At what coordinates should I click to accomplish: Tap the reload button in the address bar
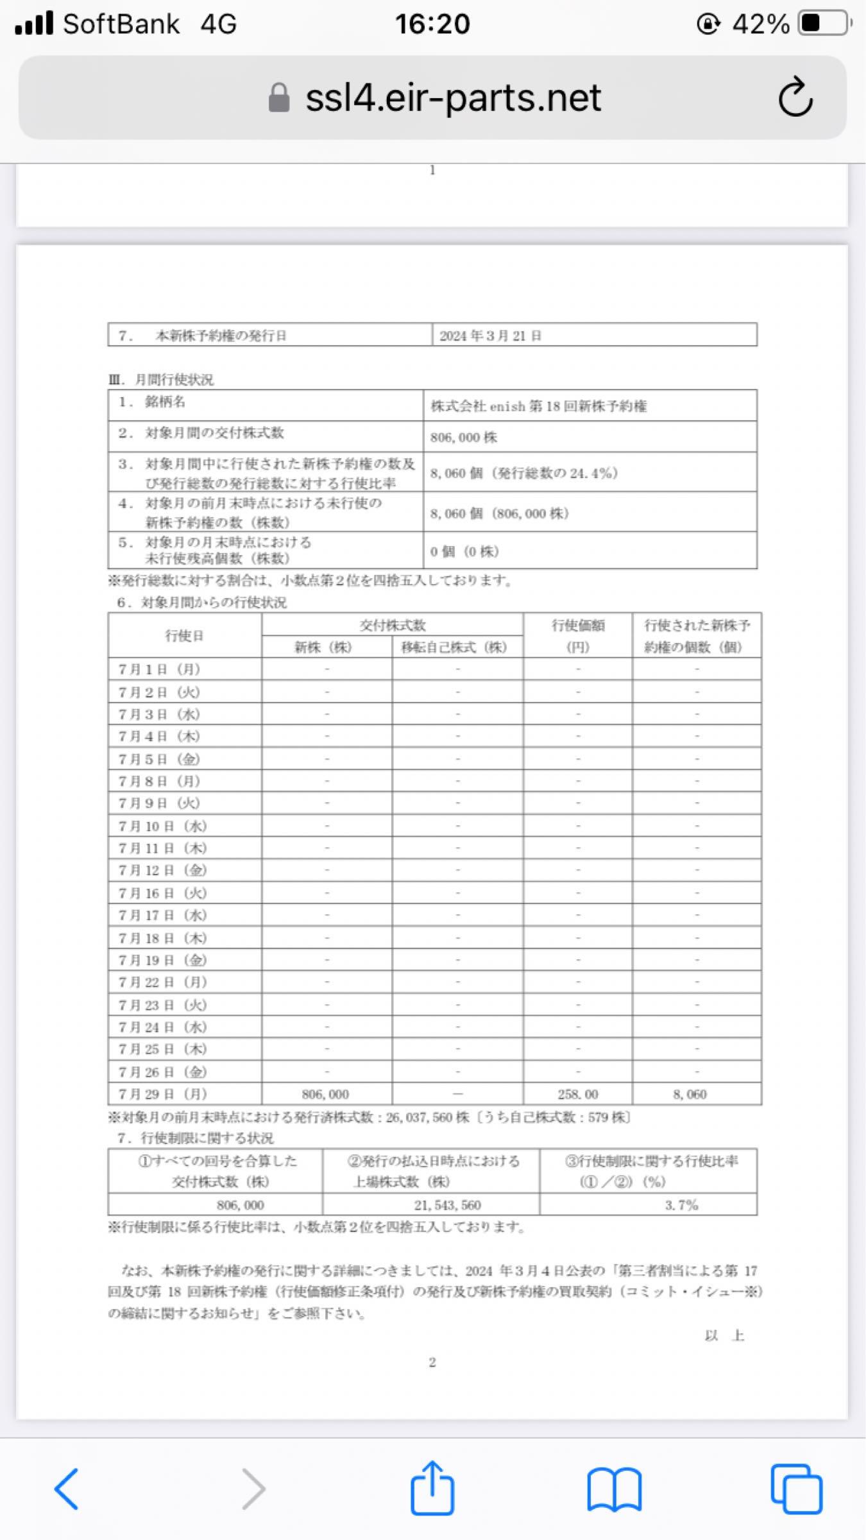(x=795, y=98)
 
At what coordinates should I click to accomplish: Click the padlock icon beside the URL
(x=279, y=98)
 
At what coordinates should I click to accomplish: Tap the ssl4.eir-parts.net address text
(x=453, y=98)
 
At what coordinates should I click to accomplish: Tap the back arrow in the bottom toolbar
(x=67, y=1489)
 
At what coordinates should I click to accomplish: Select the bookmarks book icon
(x=614, y=1489)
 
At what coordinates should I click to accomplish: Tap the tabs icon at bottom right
(x=796, y=1489)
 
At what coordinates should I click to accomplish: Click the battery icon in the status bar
(x=824, y=24)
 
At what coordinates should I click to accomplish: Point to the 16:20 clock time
(x=432, y=24)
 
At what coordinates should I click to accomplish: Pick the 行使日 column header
(x=184, y=635)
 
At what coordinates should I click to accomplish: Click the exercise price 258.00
(x=577, y=1094)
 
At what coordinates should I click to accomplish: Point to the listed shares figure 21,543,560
(x=447, y=1205)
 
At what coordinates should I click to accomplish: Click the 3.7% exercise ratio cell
(x=681, y=1205)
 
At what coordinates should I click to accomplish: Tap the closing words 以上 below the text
(x=724, y=1335)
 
